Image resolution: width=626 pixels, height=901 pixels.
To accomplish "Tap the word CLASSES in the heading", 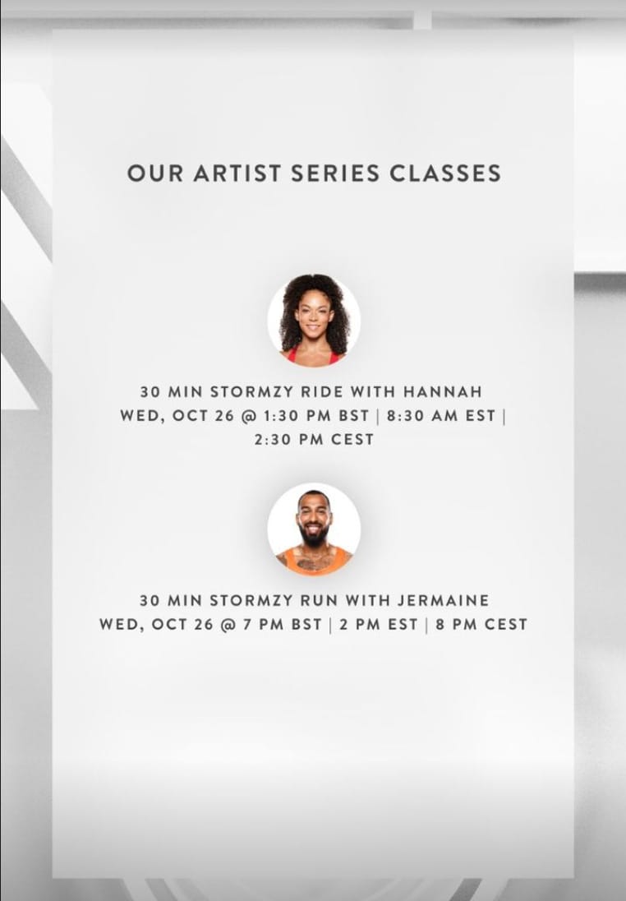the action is click(x=445, y=173).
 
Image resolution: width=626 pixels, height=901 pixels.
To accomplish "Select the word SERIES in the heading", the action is click(x=335, y=173).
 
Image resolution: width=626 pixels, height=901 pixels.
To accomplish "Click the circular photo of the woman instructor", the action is click(x=314, y=320).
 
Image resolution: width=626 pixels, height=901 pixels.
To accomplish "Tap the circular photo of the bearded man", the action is click(x=314, y=529).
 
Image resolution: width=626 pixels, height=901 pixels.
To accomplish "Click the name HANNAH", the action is click(x=443, y=392).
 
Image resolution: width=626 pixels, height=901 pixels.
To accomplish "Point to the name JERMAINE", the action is click(x=444, y=600).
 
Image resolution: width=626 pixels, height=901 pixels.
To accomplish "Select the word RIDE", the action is click(x=322, y=392).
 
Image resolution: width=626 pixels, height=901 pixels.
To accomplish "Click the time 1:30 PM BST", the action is click(x=316, y=415).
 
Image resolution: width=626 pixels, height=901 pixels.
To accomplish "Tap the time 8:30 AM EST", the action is click(x=441, y=415).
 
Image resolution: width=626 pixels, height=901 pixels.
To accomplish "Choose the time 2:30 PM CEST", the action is click(x=314, y=440).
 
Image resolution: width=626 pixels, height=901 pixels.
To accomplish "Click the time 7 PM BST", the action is click(x=282, y=624).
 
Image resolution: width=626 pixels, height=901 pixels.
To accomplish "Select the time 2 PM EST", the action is click(x=379, y=624).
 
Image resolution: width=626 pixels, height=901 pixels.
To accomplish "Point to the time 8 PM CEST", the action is click(x=481, y=624).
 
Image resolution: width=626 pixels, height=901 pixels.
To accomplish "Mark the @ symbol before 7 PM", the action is click(x=228, y=625).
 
